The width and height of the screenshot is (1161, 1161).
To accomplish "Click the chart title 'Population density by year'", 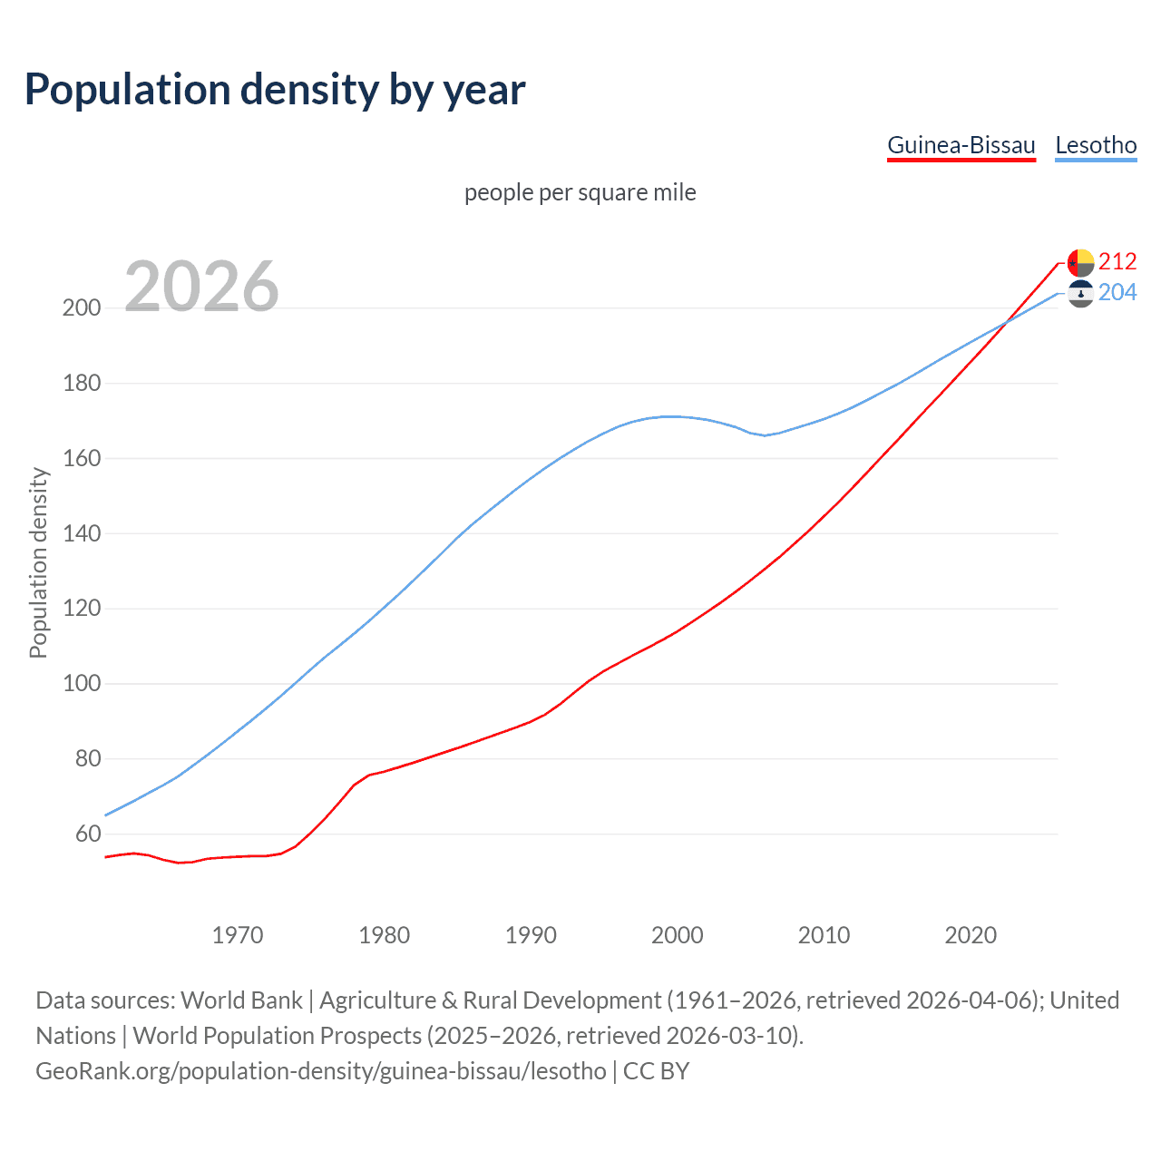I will (x=275, y=90).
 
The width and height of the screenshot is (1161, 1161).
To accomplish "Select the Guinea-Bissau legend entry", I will (x=961, y=146).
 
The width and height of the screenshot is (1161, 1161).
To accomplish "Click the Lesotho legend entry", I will (x=1096, y=146).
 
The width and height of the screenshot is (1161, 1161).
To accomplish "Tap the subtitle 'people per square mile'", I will (x=580, y=193).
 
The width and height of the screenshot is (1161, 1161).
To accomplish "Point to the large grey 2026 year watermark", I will (x=201, y=287).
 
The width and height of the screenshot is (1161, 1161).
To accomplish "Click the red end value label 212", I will (x=1117, y=262).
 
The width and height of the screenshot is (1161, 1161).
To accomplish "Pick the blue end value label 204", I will (x=1117, y=293).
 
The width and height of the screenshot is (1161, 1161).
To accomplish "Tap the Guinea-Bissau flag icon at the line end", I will (x=1080, y=262).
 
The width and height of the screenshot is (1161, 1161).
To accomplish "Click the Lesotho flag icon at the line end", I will (x=1080, y=294).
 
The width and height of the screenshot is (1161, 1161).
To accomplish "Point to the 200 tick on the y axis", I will (x=82, y=308).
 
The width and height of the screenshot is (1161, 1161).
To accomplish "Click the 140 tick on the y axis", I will (x=82, y=533).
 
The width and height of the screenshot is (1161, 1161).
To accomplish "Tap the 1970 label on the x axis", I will (x=238, y=935).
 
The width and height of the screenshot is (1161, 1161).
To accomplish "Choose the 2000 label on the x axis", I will (x=678, y=935).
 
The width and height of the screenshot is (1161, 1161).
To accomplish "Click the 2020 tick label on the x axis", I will (x=971, y=935).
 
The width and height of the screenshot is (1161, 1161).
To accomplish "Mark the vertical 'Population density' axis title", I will (x=38, y=562).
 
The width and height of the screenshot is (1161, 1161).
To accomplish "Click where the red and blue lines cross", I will (x=1004, y=323).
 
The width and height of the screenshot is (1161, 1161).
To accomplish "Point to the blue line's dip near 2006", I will (x=764, y=435).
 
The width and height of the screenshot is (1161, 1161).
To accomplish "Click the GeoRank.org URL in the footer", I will (x=321, y=1071).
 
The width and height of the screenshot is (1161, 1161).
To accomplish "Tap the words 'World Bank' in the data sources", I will (x=241, y=1000).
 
